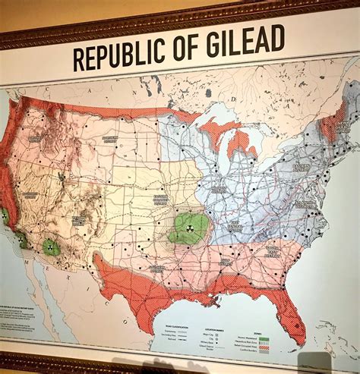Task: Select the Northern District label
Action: click(110, 139)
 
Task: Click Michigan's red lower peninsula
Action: click(242, 140)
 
